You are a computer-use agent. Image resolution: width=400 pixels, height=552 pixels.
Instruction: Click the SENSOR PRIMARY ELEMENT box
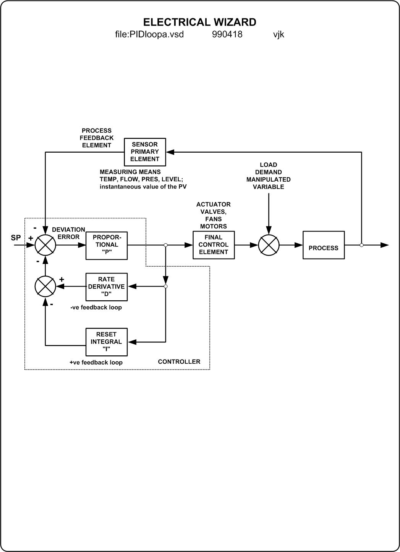pyautogui.click(x=145, y=152)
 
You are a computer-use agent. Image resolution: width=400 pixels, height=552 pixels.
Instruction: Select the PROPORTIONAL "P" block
pyautogui.click(x=107, y=245)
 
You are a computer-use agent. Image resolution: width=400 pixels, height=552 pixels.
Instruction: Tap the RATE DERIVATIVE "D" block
pyautogui.click(x=107, y=287)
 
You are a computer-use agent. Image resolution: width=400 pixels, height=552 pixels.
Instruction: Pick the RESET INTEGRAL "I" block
pyautogui.click(x=107, y=342)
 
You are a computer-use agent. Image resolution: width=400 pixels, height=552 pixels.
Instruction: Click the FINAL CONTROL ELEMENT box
pyautogui.click(x=214, y=245)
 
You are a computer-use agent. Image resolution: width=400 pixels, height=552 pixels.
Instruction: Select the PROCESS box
pyautogui.click(x=324, y=245)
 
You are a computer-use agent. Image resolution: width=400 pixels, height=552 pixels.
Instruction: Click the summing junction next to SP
pyautogui.click(x=45, y=245)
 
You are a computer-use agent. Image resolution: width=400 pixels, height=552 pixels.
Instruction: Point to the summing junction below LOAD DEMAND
pyautogui.click(x=269, y=245)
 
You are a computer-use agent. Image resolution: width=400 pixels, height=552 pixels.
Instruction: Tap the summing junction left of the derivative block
pyautogui.click(x=45, y=287)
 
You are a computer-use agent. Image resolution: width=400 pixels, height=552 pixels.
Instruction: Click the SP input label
pyautogui.click(x=16, y=238)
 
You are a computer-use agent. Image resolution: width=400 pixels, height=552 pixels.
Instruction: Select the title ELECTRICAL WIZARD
pyautogui.click(x=199, y=22)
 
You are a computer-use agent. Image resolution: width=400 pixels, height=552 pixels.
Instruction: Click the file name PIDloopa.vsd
pyautogui.click(x=149, y=34)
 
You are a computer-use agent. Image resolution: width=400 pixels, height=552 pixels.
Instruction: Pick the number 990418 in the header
pyautogui.click(x=227, y=34)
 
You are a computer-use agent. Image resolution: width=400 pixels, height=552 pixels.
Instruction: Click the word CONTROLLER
pyautogui.click(x=179, y=361)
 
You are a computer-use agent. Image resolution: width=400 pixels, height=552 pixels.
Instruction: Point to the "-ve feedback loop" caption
pyautogui.click(x=96, y=308)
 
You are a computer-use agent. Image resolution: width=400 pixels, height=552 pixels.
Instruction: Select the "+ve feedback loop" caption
pyautogui.click(x=96, y=362)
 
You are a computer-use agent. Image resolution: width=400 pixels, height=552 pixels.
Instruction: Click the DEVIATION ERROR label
pyautogui.click(x=68, y=233)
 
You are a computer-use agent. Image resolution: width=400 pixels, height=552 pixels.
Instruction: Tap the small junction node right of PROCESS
pyautogui.click(x=361, y=245)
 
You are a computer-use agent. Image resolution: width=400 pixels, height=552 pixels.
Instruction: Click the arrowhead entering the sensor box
pyautogui.click(x=170, y=152)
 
